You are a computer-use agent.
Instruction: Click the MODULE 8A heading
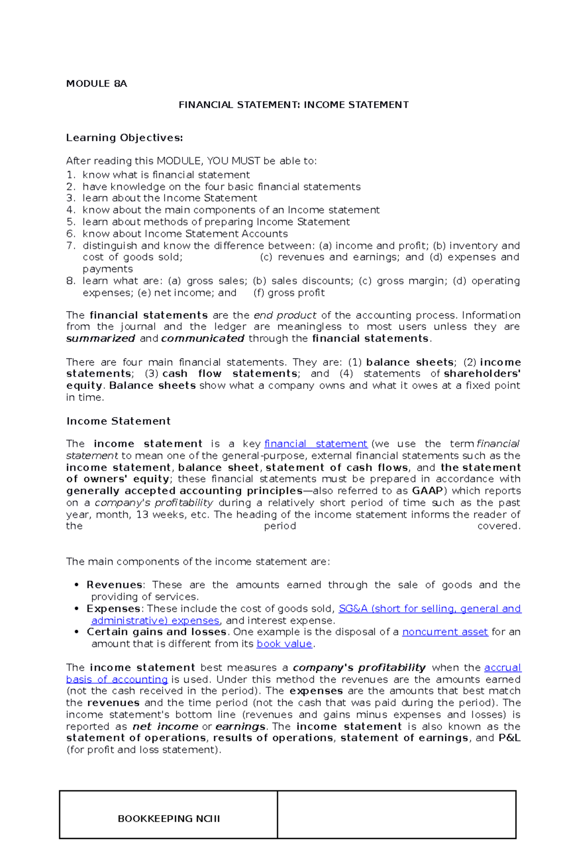click(x=96, y=84)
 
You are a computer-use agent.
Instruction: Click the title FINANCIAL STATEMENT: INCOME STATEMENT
click(x=293, y=105)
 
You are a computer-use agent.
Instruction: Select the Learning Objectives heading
click(x=124, y=137)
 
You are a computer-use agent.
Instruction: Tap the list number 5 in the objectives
click(x=71, y=222)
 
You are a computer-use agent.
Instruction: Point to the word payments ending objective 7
click(x=107, y=269)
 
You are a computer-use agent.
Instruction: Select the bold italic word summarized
click(x=100, y=338)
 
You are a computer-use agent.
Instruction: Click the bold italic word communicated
click(x=203, y=338)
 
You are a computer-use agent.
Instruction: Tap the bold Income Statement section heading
click(x=118, y=421)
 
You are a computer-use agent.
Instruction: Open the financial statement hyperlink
click(x=316, y=444)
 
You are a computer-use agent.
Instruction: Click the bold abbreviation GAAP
click(x=427, y=491)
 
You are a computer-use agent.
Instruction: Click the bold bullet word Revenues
click(x=114, y=585)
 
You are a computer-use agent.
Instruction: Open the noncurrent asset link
click(x=445, y=632)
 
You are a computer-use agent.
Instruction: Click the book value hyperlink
click(x=284, y=644)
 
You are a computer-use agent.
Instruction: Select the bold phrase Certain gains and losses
click(x=157, y=632)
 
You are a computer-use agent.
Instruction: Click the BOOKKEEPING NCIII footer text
click(x=168, y=818)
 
